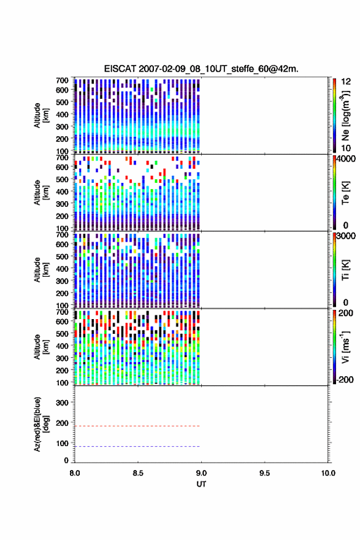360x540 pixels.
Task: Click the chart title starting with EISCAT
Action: [x=201, y=69]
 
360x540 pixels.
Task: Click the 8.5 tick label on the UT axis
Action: [x=138, y=473]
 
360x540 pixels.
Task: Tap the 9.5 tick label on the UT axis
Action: [x=265, y=473]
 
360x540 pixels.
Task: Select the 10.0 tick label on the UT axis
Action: [x=328, y=473]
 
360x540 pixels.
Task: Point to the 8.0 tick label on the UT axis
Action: [x=75, y=473]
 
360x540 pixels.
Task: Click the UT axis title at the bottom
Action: [x=201, y=484]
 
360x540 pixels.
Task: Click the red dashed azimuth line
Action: [x=137, y=426]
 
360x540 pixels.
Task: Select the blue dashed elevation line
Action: [x=137, y=446]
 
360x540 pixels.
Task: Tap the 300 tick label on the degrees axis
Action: [x=63, y=403]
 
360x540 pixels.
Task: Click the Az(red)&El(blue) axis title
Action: [x=41, y=424]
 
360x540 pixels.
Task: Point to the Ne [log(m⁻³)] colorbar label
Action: [x=346, y=116]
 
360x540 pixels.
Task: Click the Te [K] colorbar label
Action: [x=345, y=193]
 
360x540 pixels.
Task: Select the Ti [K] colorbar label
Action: [x=345, y=270]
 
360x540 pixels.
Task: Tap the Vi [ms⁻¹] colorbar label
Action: [x=345, y=347]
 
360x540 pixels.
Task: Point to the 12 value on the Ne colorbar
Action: [x=347, y=82]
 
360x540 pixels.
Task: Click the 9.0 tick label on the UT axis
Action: [x=201, y=473]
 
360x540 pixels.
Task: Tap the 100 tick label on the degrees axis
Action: [x=63, y=443]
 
